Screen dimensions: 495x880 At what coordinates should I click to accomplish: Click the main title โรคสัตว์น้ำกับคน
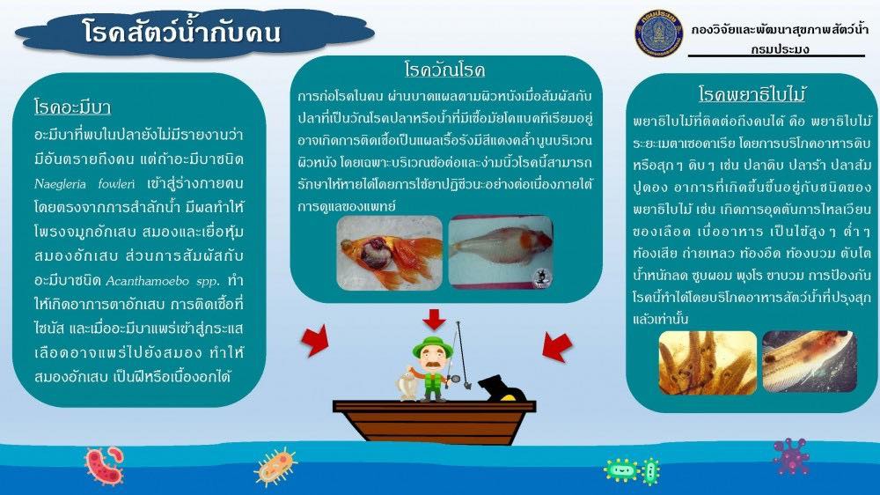pyautogui.click(x=182, y=33)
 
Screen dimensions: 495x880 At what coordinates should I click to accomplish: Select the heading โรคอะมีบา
pyautogui.click(x=72, y=108)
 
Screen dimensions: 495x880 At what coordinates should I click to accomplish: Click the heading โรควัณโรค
pyautogui.click(x=444, y=70)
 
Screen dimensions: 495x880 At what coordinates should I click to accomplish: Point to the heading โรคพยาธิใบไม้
pyautogui.click(x=752, y=94)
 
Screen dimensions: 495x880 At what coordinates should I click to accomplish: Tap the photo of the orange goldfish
pyautogui.click(x=389, y=252)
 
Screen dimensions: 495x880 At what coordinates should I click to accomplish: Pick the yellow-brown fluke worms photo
pyautogui.click(x=708, y=361)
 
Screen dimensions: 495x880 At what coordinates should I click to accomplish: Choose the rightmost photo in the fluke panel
pyautogui.click(x=809, y=361)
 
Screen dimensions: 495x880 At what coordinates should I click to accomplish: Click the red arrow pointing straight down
pyautogui.click(x=434, y=318)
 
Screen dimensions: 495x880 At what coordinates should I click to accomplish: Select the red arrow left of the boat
pyautogui.click(x=314, y=341)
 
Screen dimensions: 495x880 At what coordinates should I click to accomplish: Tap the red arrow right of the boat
pyautogui.click(x=556, y=346)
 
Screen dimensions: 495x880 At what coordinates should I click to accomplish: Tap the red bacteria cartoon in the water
pyautogui.click(x=103, y=464)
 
